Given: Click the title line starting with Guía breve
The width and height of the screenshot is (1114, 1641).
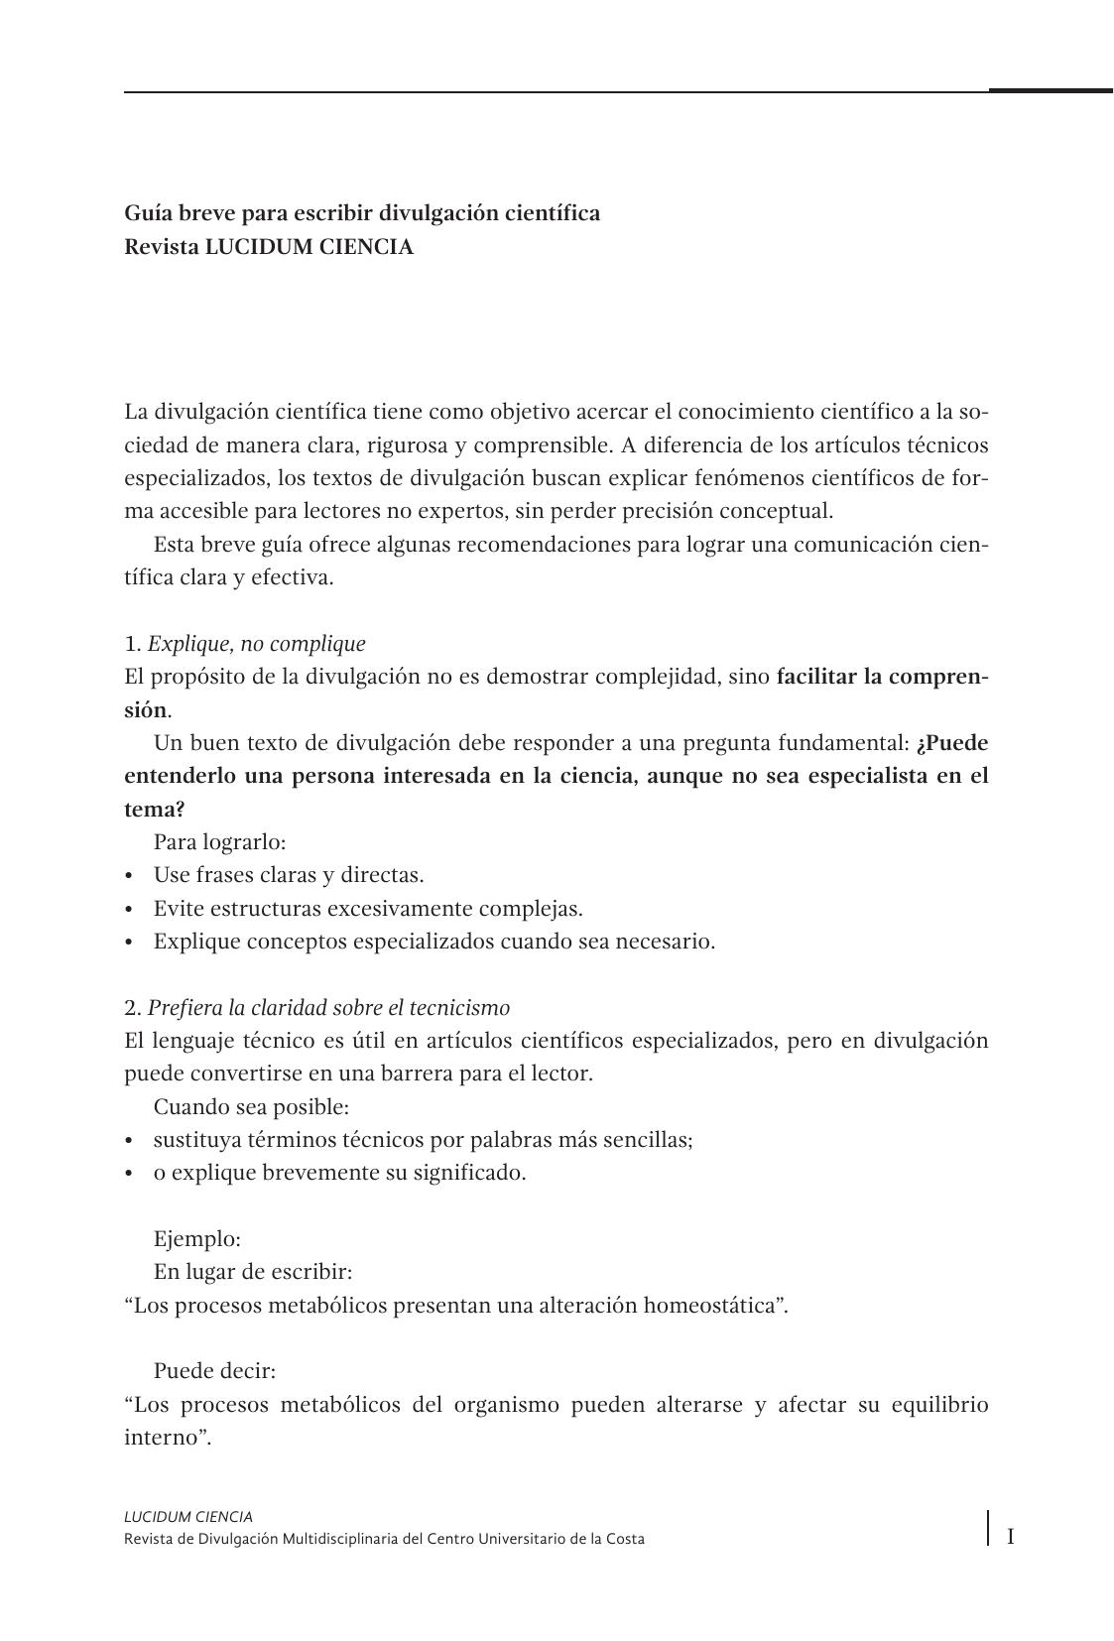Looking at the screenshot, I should pos(361,213).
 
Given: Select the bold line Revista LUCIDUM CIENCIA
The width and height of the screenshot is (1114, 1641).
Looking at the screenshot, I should pos(268,247).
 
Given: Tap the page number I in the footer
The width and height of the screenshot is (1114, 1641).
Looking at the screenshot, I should pos(1010,1537).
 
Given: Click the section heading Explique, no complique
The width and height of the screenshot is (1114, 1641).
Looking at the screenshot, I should pos(256,644).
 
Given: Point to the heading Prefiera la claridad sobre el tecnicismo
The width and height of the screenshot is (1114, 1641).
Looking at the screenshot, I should pos(328,1008).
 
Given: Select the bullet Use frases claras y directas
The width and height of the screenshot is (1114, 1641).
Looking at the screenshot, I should pos(288,875).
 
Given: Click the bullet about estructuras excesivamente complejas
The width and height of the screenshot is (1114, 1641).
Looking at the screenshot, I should pos(367,909).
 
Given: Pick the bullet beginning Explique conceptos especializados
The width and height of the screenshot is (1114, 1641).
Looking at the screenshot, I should pos(433,942).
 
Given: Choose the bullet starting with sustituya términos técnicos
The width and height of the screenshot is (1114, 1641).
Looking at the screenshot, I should pos(423,1140).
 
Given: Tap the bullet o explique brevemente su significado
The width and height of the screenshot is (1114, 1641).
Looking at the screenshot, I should pos(339,1173).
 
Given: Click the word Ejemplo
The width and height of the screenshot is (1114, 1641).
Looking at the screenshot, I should pos(196,1239).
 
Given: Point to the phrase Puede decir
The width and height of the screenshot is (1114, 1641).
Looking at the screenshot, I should pos(214,1371).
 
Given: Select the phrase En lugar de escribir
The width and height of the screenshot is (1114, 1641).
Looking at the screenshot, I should pos(252,1272).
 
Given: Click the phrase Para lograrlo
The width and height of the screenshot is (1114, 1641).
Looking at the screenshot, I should pos(219,842).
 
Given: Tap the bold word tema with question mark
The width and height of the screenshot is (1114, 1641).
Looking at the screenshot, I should pos(154,810).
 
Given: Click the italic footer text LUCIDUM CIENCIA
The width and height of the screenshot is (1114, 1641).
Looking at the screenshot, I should pos(188,1516).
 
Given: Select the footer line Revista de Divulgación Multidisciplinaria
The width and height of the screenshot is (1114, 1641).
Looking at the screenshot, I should pos(384,1539).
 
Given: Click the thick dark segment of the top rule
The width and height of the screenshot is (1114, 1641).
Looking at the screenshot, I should pos(1050,90).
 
